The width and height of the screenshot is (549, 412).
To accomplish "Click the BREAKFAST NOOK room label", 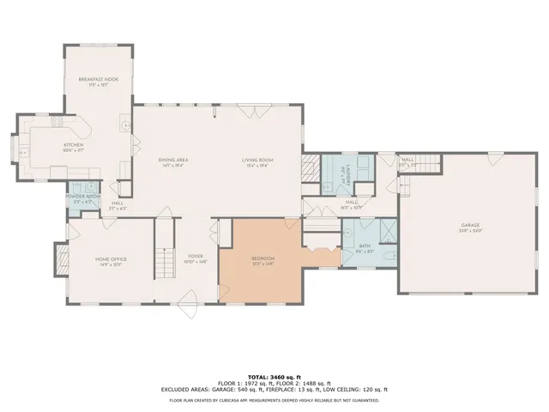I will click(98, 79).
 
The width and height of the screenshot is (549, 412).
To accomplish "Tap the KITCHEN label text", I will click(73, 145).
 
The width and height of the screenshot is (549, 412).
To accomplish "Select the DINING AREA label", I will click(173, 160).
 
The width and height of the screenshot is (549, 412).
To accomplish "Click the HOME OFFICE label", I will click(111, 258).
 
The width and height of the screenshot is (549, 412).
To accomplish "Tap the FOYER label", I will click(196, 256).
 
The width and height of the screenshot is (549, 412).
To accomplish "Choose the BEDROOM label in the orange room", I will click(262, 258).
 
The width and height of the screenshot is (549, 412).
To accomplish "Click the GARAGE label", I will click(470, 225).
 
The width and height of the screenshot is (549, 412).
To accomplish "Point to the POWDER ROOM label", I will click(83, 197).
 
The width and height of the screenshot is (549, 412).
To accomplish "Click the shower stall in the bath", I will click(387, 230).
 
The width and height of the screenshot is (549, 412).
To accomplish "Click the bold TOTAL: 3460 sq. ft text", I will click(274, 377).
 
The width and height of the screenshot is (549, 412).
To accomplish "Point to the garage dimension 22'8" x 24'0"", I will click(470, 231).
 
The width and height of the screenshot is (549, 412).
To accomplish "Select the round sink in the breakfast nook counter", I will click(126, 125).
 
